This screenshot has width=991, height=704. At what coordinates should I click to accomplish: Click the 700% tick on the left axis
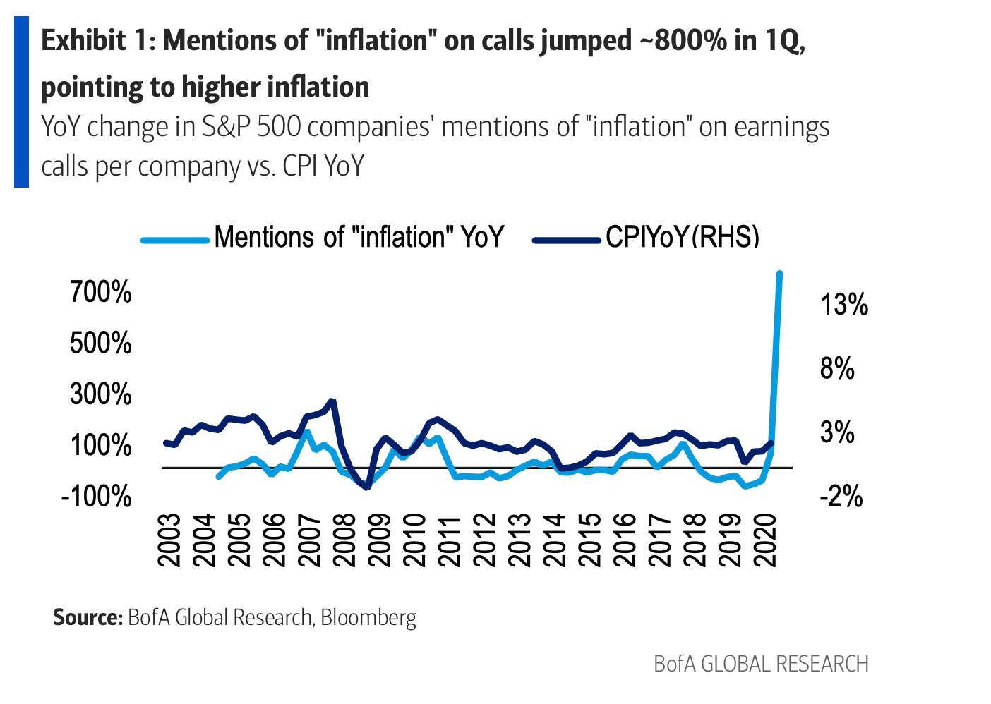coord(101,291)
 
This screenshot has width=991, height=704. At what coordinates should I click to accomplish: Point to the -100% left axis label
coord(97,497)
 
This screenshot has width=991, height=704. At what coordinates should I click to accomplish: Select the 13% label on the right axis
coord(844,305)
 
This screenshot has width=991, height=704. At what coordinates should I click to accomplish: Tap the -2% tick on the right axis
coord(841,497)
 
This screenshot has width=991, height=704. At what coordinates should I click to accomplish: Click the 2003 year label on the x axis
coord(170,540)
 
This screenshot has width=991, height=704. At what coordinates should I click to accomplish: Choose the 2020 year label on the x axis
coord(765,540)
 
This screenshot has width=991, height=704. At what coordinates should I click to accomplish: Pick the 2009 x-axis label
coord(380,540)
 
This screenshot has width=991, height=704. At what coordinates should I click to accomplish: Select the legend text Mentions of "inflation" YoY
coord(359,237)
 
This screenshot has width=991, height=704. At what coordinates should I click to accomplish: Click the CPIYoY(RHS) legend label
coord(682,237)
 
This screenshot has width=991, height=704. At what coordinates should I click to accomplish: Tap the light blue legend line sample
coord(175,240)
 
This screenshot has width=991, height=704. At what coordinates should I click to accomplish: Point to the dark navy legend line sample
coord(566,240)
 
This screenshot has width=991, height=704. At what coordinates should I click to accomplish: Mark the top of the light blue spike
coord(779,273)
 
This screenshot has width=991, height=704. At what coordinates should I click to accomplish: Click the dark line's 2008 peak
coord(332,401)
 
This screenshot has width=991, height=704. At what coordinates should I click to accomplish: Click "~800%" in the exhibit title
coord(683,41)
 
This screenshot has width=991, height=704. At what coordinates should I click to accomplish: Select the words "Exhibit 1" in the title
coord(97,41)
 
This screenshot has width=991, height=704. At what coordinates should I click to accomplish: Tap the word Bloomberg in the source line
coord(368,618)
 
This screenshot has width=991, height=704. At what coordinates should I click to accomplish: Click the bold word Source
coord(88,618)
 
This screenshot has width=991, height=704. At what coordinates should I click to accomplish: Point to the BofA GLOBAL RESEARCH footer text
coord(761,664)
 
